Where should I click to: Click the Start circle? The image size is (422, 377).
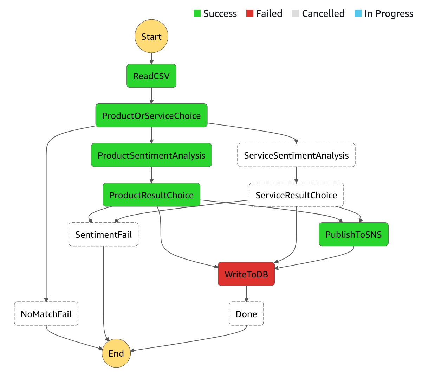(x=151, y=36)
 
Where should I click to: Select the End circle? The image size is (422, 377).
(x=116, y=353)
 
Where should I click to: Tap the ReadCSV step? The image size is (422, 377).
(x=151, y=76)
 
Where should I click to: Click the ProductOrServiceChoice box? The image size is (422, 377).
(x=151, y=115)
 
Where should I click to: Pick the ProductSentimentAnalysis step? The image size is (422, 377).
(x=151, y=155)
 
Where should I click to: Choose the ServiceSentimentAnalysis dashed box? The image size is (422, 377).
(x=296, y=155)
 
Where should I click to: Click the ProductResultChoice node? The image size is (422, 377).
(x=151, y=194)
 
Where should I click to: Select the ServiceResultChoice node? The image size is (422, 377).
(x=296, y=194)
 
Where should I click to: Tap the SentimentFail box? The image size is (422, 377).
(x=103, y=234)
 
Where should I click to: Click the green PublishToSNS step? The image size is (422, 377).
(x=353, y=234)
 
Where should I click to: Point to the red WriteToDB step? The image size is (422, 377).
(x=246, y=274)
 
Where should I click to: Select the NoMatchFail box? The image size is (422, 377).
(x=46, y=313)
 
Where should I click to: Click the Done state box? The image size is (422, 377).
(x=246, y=313)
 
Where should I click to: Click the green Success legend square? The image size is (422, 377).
(x=197, y=13)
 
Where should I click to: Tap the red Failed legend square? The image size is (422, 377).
(x=249, y=13)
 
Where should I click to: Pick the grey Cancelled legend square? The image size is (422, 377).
(x=295, y=13)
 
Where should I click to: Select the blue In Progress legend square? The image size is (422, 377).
(x=358, y=13)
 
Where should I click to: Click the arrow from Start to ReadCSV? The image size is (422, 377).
(x=151, y=58)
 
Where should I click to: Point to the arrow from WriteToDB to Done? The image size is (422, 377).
(x=246, y=294)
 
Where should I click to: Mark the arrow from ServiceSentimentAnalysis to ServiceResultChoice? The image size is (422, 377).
(x=296, y=175)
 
